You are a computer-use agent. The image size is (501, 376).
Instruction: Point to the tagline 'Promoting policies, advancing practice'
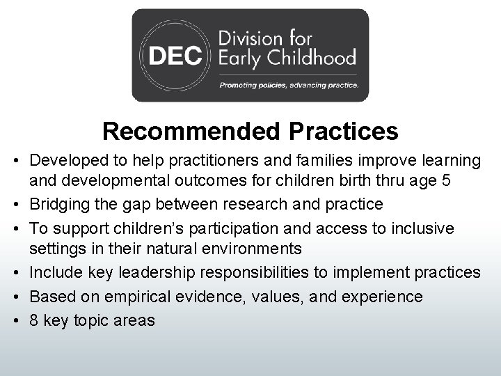pos(289,86)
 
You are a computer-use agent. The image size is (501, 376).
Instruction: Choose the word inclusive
pos(424,228)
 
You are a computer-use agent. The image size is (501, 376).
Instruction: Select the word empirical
pos(136,296)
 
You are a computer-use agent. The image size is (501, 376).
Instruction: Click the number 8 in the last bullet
pos(34,320)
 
